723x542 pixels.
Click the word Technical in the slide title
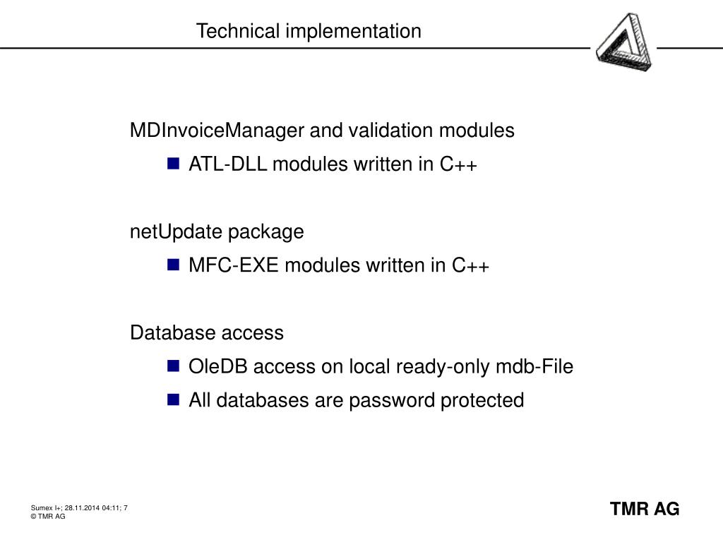point(238,31)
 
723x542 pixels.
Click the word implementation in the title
point(353,32)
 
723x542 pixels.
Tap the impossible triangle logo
point(624,42)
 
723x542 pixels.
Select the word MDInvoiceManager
point(217,131)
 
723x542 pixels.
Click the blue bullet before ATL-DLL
point(174,164)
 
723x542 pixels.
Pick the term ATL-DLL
point(228,164)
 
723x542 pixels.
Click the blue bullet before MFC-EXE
point(174,265)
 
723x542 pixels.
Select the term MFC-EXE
point(234,265)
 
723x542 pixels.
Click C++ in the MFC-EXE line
point(470,265)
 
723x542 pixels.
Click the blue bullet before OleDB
point(174,366)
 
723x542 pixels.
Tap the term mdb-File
point(534,367)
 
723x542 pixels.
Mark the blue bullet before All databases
point(174,399)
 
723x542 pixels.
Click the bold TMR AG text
point(645,510)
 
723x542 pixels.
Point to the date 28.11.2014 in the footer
point(82,508)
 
